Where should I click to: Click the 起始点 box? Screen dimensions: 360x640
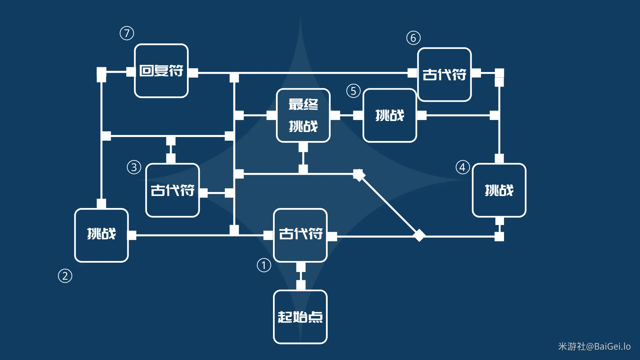[300, 317]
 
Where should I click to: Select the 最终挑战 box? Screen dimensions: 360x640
[303, 115]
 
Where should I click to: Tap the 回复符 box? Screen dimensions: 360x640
[161, 71]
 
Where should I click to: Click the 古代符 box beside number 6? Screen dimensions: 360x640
[444, 75]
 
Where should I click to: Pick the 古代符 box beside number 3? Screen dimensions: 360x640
[172, 190]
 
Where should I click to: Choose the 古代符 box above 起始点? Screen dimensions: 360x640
[300, 235]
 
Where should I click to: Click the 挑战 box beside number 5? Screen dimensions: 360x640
[390, 115]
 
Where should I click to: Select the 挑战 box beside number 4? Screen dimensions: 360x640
[499, 190]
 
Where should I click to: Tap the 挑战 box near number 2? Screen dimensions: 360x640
[101, 235]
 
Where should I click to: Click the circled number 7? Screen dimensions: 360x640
[127, 33]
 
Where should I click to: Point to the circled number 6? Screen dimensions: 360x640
[413, 38]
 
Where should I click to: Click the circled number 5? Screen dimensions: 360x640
[353, 91]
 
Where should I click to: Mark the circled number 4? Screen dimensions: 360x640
[463, 167]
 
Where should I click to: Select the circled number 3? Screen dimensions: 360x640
[134, 167]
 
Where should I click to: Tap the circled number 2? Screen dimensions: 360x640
[65, 276]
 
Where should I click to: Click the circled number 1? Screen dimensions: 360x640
[264, 266]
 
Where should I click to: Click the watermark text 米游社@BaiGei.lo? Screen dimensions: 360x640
[594, 347]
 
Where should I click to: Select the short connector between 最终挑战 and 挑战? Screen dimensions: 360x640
[347, 115]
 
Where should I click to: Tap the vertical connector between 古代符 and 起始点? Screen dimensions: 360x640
[301, 276]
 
